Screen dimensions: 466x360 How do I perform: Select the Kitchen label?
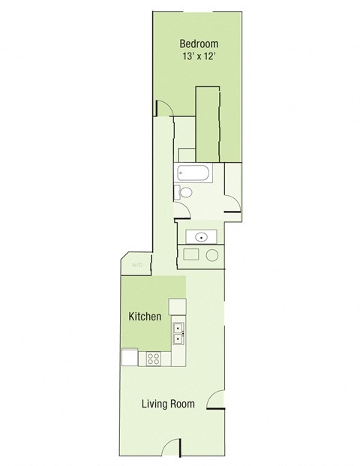(145, 317)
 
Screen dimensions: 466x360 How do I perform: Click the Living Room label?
(169, 404)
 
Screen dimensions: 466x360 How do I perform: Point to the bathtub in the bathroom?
(193, 174)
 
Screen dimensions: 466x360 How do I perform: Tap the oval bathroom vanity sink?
(200, 237)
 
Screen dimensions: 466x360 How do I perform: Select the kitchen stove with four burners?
(154, 358)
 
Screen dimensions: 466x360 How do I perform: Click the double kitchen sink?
(178, 333)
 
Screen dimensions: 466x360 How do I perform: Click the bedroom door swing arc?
(166, 110)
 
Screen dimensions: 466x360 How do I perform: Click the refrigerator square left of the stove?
(130, 358)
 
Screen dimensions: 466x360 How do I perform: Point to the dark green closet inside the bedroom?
(207, 124)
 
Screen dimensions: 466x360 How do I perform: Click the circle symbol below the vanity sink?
(211, 255)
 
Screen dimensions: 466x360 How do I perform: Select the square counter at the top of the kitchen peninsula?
(177, 306)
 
